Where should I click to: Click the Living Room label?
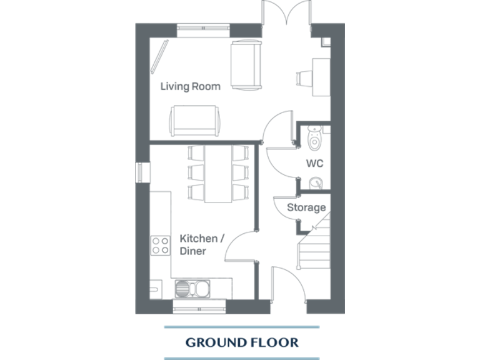pyautogui.click(x=190, y=86)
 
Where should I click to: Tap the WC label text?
pyautogui.click(x=314, y=163)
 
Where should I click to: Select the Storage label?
pyautogui.click(x=306, y=207)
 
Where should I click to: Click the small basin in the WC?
pyautogui.click(x=316, y=182)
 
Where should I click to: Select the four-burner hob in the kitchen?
pyautogui.click(x=160, y=245)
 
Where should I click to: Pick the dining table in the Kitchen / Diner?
pyautogui.click(x=218, y=173)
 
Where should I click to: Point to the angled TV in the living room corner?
pyautogui.click(x=161, y=54)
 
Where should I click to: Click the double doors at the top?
pyautogui.click(x=286, y=12)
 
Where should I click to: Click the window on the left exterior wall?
pyautogui.click(x=141, y=172)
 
